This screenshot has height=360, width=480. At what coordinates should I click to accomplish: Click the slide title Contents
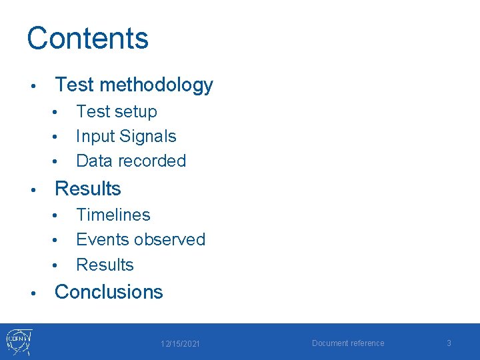(x=87, y=38)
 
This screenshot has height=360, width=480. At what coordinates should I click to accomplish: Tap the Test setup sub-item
(x=117, y=111)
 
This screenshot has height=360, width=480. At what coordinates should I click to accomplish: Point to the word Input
(x=95, y=137)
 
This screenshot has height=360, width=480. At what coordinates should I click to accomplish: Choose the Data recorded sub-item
(x=131, y=161)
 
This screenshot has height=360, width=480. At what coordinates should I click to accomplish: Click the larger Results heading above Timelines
(x=87, y=189)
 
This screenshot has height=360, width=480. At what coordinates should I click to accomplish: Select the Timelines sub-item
(x=113, y=215)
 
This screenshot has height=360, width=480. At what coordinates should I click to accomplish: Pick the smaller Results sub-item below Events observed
(x=105, y=265)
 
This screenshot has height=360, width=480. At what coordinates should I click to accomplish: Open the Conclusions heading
(x=109, y=292)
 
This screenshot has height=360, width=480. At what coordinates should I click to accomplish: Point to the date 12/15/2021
(x=180, y=344)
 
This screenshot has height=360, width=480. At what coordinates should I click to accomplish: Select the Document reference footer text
(x=348, y=343)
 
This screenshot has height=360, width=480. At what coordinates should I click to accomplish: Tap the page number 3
(x=449, y=343)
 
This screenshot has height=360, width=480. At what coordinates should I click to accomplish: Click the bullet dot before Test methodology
(x=32, y=86)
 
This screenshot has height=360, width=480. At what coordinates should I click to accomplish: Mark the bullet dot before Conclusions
(x=32, y=293)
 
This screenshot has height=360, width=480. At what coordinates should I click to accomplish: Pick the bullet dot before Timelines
(x=58, y=216)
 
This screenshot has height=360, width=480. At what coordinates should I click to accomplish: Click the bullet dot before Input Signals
(x=58, y=137)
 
